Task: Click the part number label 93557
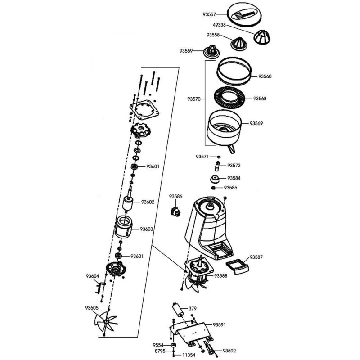tap(209, 14)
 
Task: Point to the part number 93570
tap(194, 99)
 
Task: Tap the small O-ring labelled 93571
tap(219, 157)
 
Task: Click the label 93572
tap(234, 166)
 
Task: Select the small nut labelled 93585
tap(213, 188)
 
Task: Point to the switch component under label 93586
tap(175, 211)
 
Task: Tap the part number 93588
tap(220, 276)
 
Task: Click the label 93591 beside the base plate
tap(219, 325)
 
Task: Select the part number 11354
tap(189, 355)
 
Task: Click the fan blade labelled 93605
tap(106, 322)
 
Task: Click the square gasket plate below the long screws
tap(144, 110)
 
